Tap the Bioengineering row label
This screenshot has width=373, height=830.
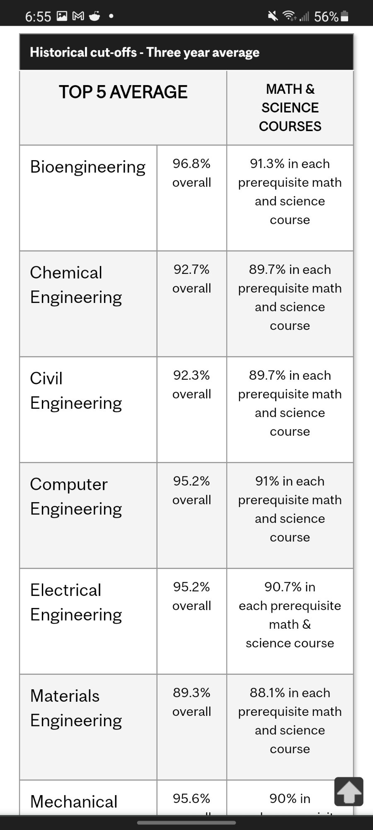click(87, 167)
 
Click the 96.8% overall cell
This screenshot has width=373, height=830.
click(191, 173)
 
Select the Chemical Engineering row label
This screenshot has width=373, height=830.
click(76, 285)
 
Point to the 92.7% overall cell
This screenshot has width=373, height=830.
click(191, 279)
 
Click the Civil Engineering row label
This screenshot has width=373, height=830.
click(76, 391)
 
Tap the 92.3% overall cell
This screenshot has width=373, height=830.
click(191, 385)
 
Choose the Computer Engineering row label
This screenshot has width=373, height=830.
click(76, 496)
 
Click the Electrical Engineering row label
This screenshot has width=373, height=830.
click(76, 602)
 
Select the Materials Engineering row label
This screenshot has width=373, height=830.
click(76, 708)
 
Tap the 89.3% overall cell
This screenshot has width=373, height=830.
click(191, 702)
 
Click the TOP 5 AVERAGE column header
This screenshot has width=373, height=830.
click(123, 92)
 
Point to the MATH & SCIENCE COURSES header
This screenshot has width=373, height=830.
click(290, 107)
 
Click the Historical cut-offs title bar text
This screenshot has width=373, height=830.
click(145, 52)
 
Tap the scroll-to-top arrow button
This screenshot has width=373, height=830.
click(349, 791)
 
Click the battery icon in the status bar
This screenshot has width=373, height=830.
click(344, 16)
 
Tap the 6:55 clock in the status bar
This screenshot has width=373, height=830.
click(38, 17)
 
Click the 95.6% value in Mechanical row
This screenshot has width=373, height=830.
click(191, 798)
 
